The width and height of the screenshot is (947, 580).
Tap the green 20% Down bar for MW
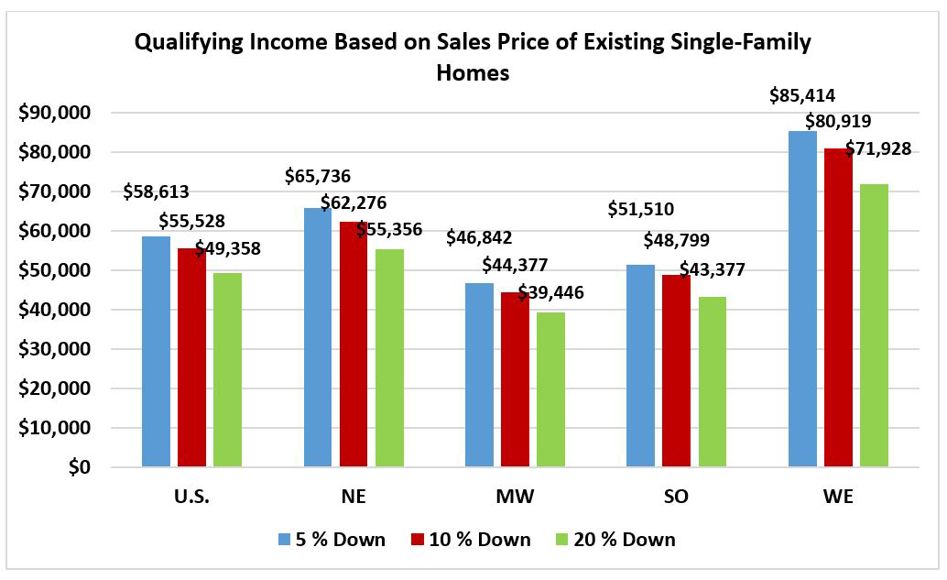pyautogui.click(x=550, y=389)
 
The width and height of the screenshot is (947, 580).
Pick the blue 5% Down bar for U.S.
pyautogui.click(x=157, y=352)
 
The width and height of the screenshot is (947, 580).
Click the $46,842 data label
pyautogui.click(x=478, y=238)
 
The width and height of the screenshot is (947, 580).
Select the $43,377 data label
pyautogui.click(x=712, y=269)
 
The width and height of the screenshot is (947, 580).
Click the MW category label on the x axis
pyautogui.click(x=514, y=498)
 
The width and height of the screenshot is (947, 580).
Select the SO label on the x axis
pyautogui.click(x=676, y=498)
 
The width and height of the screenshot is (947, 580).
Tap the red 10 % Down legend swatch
pyautogui.click(x=417, y=540)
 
